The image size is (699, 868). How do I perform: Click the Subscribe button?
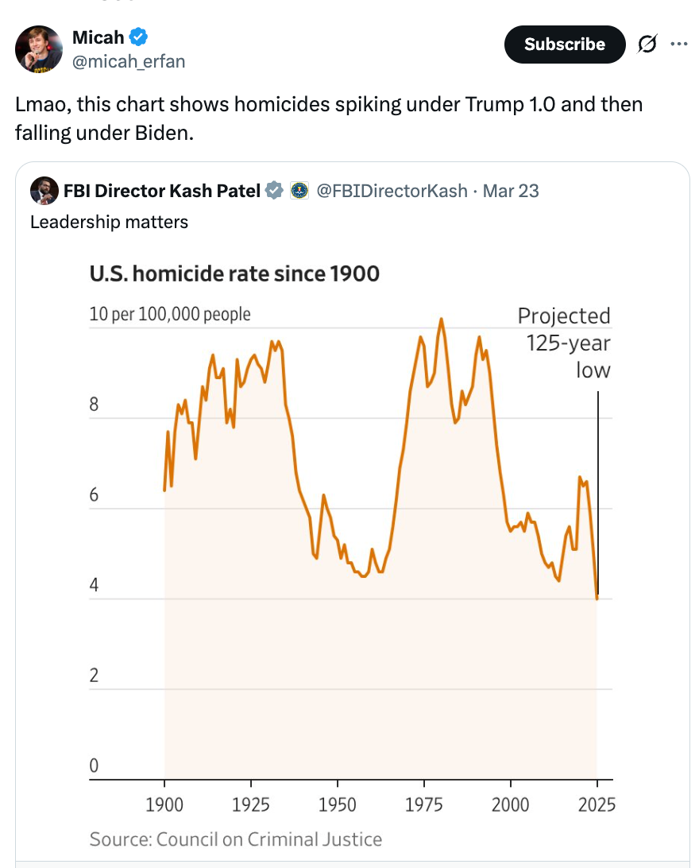(x=564, y=45)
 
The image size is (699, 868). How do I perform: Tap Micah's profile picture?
(x=39, y=49)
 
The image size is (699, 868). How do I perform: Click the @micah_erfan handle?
(x=128, y=61)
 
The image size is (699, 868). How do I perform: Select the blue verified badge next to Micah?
(x=138, y=37)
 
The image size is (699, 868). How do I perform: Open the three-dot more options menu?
(x=678, y=45)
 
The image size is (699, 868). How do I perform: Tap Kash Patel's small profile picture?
(x=43, y=191)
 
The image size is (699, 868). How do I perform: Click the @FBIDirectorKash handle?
(x=392, y=191)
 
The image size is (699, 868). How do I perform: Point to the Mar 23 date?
(x=511, y=191)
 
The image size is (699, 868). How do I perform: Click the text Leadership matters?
(x=109, y=222)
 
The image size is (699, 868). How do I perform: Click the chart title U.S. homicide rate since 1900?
(x=234, y=274)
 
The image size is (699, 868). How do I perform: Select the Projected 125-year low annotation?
(x=565, y=343)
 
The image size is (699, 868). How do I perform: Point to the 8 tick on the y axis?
(x=94, y=405)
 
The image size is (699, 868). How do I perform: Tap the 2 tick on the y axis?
(x=94, y=676)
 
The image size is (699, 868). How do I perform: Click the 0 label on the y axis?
(x=94, y=767)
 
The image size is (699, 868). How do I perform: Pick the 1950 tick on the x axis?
(x=337, y=804)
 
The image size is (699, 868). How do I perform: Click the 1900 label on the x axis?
(x=165, y=804)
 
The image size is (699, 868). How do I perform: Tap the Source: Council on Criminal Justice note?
(x=236, y=839)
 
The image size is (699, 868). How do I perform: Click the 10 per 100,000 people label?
(x=170, y=314)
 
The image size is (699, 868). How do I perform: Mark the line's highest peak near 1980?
(x=441, y=320)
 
